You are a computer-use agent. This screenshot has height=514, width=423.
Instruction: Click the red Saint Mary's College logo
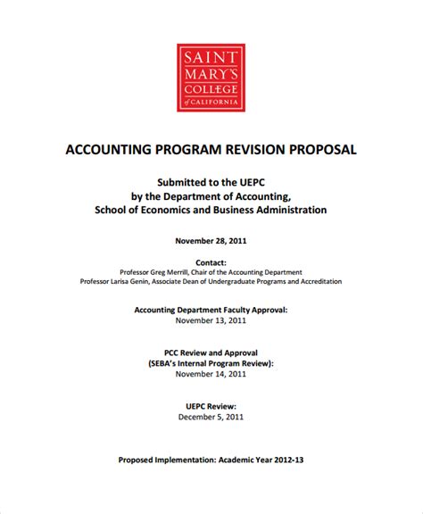pos(211,76)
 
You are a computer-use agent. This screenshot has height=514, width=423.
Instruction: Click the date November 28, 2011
pos(211,240)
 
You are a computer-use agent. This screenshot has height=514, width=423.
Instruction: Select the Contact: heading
pos(211,263)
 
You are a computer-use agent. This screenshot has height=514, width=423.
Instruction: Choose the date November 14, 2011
pos(211,375)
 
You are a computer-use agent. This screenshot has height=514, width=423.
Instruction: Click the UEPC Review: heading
pos(211,404)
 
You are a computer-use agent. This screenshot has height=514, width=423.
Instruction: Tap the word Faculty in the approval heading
pos(223,310)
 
